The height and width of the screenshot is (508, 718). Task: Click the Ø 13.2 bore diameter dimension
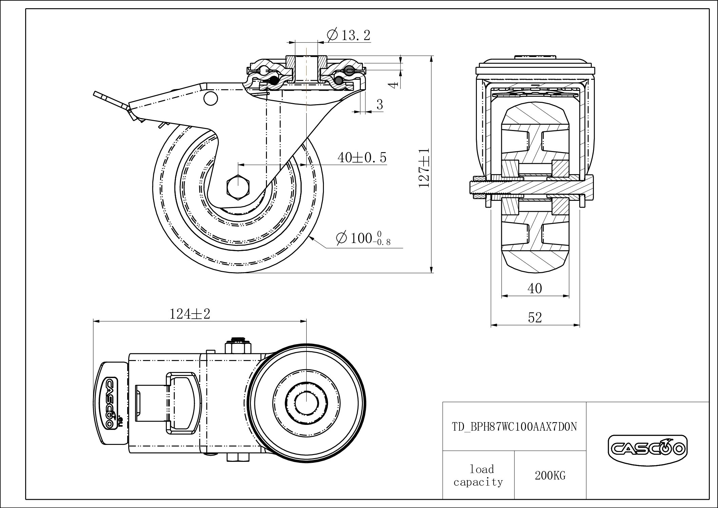[348, 35]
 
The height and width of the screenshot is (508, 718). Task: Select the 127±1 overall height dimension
[424, 168]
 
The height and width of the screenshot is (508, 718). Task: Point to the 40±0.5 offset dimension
[362, 157]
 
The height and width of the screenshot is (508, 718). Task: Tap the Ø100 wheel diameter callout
[363, 238]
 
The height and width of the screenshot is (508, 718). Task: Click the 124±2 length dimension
[190, 314]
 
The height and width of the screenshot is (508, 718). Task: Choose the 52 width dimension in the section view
[535, 318]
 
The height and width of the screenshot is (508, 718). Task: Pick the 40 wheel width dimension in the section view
[535, 288]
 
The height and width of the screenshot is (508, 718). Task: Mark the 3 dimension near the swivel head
[380, 105]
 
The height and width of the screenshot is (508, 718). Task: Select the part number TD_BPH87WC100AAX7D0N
[515, 427]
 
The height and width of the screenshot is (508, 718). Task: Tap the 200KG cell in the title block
[550, 475]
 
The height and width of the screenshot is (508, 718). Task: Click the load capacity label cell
[478, 475]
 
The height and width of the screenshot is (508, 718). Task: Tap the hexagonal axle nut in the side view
[238, 186]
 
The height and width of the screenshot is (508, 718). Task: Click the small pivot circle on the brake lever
[210, 98]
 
